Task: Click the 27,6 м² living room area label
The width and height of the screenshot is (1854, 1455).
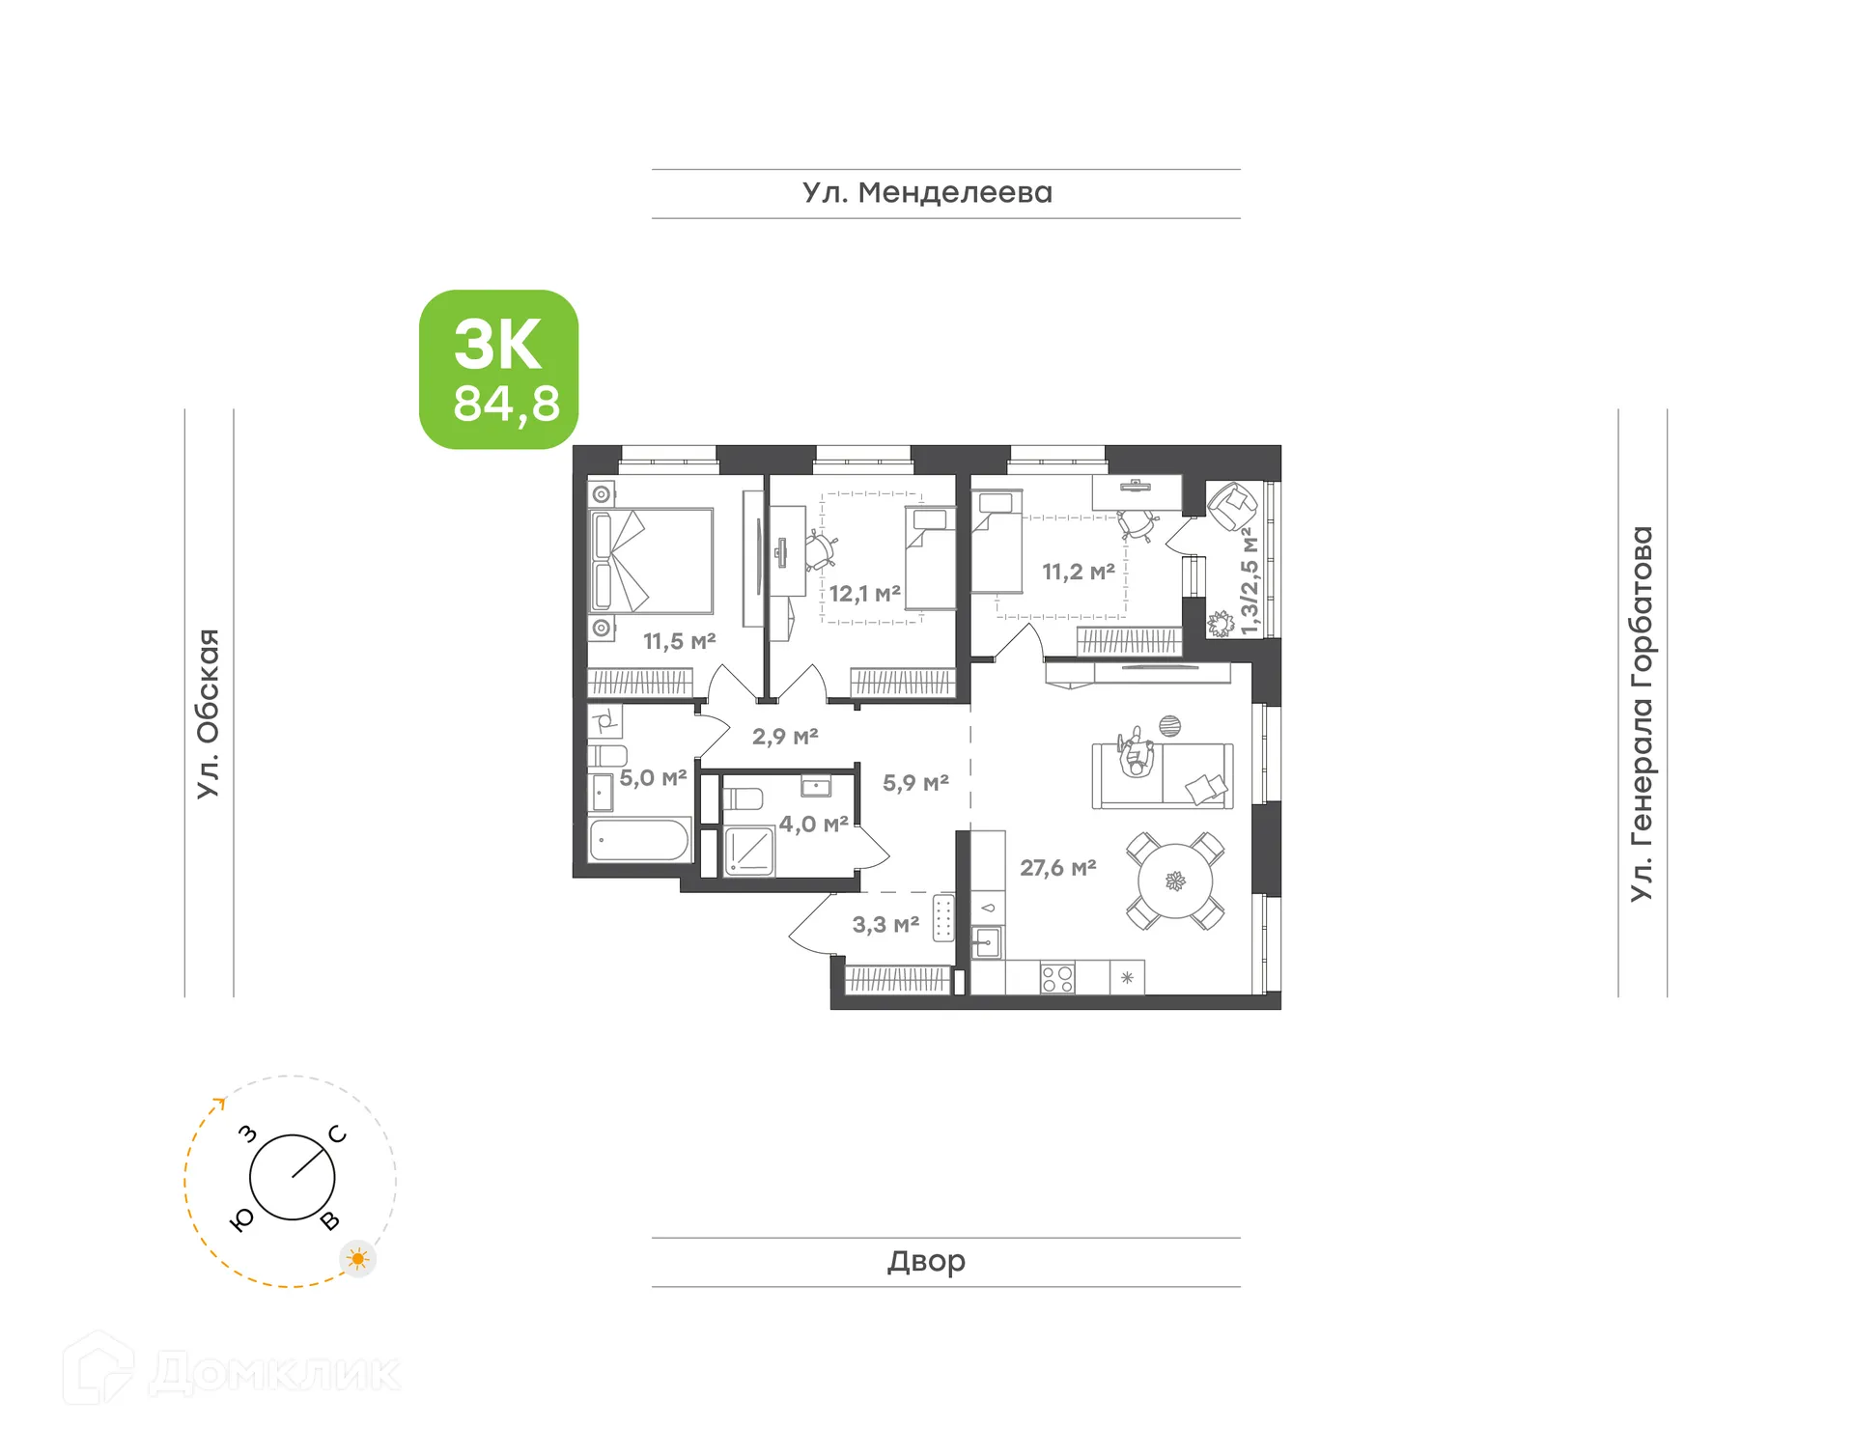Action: click(1057, 868)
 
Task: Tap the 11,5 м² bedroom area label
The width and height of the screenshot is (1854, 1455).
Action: click(679, 641)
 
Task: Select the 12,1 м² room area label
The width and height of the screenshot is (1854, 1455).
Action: click(864, 594)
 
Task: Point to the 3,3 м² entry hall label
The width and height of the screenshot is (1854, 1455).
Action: click(885, 925)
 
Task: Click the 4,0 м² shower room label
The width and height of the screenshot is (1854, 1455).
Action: click(813, 825)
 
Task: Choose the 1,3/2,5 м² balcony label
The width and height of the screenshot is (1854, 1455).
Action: click(1250, 581)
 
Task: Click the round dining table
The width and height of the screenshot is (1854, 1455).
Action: click(1175, 881)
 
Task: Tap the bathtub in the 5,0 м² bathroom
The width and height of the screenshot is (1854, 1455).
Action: click(639, 840)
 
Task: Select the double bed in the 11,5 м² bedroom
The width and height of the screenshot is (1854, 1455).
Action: click(651, 561)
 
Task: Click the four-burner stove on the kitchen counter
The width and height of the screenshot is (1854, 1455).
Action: click(1057, 978)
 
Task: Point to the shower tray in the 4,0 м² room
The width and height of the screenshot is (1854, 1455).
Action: click(749, 851)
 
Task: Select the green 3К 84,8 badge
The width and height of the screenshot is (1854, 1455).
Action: click(498, 370)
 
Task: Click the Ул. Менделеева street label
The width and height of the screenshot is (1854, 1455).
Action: click(927, 193)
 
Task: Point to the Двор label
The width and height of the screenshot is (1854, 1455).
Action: click(926, 1261)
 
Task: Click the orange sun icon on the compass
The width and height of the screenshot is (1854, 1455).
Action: click(358, 1259)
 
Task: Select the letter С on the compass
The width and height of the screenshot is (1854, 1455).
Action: click(337, 1133)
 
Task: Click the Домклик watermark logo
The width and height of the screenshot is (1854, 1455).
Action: click(232, 1371)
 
